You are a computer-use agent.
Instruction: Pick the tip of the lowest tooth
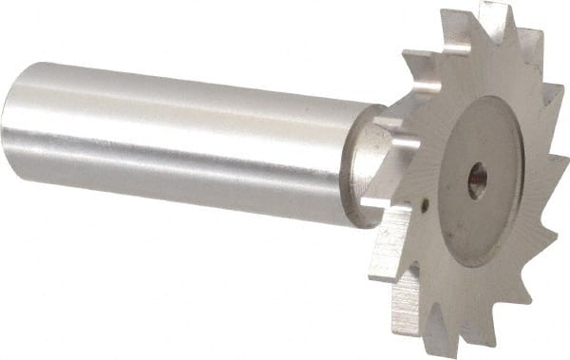coord(439,354)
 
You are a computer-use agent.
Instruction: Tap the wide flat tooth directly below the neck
coord(389,252)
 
